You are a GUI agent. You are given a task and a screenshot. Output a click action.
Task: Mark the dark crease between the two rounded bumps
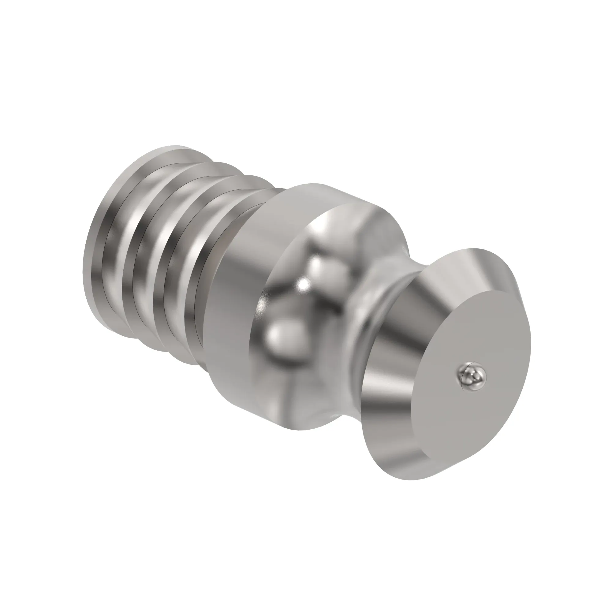303,304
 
